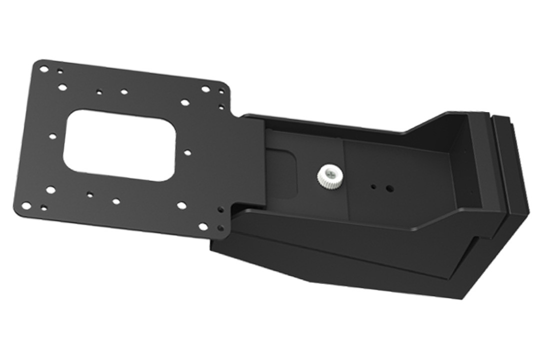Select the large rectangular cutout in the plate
pyautogui.click(x=119, y=145)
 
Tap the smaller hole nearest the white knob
pyautogui.click(x=373, y=186)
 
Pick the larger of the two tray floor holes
pyautogui.click(x=389, y=188)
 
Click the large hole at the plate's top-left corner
pyautogui.click(x=43, y=69)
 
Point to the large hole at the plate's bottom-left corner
pyautogui.click(x=25, y=205)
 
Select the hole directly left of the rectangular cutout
pyautogui.click(x=52, y=136)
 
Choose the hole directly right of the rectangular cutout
pyautogui.click(x=187, y=152)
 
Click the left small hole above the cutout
pyautogui.click(x=99, y=92)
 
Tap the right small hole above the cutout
pyautogui.click(x=124, y=92)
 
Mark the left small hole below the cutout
pyautogui.click(x=90, y=194)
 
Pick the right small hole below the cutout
pyautogui.click(x=116, y=201)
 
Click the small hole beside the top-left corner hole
pyautogui.click(x=60, y=71)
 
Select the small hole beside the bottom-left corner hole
pyautogui.click(x=44, y=207)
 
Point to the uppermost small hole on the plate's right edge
pyautogui.click(x=221, y=91)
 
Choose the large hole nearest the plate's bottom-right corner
pyautogui.click(x=203, y=226)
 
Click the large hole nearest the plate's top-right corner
pyautogui.click(x=205, y=89)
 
